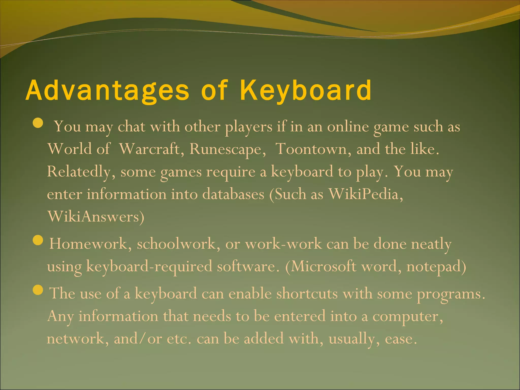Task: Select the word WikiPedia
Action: click(x=366, y=194)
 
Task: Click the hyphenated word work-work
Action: click(x=283, y=244)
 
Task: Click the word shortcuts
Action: click(x=307, y=294)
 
